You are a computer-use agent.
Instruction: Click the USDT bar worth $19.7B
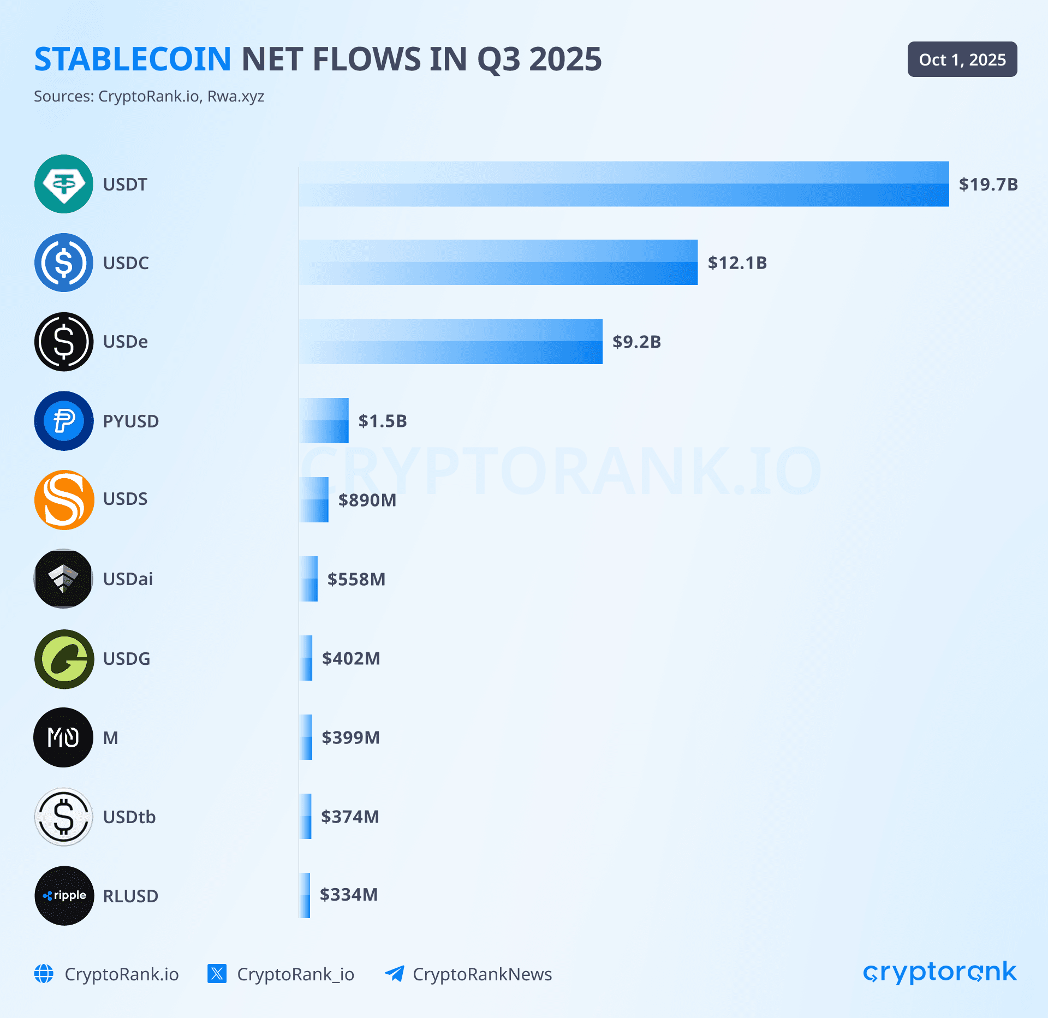pyautogui.click(x=623, y=184)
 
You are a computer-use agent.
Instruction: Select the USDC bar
pyautogui.click(x=498, y=263)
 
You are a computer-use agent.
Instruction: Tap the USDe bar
pyautogui.click(x=450, y=342)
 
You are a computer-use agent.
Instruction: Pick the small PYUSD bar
pyautogui.click(x=324, y=421)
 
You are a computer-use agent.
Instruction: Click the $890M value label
pyautogui.click(x=367, y=500)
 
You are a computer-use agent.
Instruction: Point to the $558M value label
pyautogui.click(x=356, y=579)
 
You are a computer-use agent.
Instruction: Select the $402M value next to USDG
pyautogui.click(x=350, y=658)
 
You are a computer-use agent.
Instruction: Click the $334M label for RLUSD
pyautogui.click(x=348, y=895)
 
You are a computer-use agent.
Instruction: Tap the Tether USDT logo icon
pyautogui.click(x=64, y=184)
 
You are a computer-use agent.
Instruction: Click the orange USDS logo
pyautogui.click(x=64, y=500)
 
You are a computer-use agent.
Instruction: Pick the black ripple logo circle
pyautogui.click(x=64, y=896)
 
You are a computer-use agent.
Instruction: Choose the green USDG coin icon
pyautogui.click(x=64, y=659)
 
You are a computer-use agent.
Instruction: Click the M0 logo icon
pyautogui.click(x=63, y=737)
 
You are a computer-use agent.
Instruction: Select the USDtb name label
pyautogui.click(x=129, y=817)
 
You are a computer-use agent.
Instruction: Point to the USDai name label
pyautogui.click(x=128, y=579)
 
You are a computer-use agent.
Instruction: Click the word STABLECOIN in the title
pyautogui.click(x=133, y=59)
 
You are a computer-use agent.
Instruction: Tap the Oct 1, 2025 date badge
pyautogui.click(x=962, y=59)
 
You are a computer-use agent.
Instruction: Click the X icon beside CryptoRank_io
pyautogui.click(x=217, y=973)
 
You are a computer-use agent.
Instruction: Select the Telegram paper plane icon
pyautogui.click(x=394, y=973)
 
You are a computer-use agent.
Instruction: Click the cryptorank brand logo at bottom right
pyautogui.click(x=939, y=973)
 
